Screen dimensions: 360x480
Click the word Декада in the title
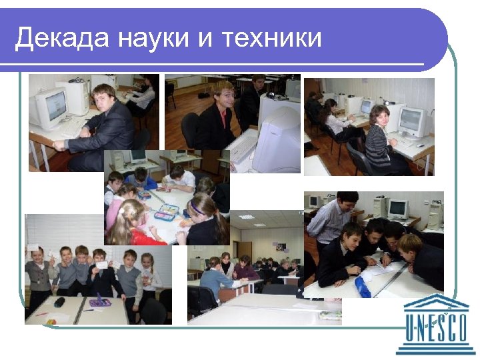(x=62, y=39)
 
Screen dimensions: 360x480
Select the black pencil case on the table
(x=60, y=302)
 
